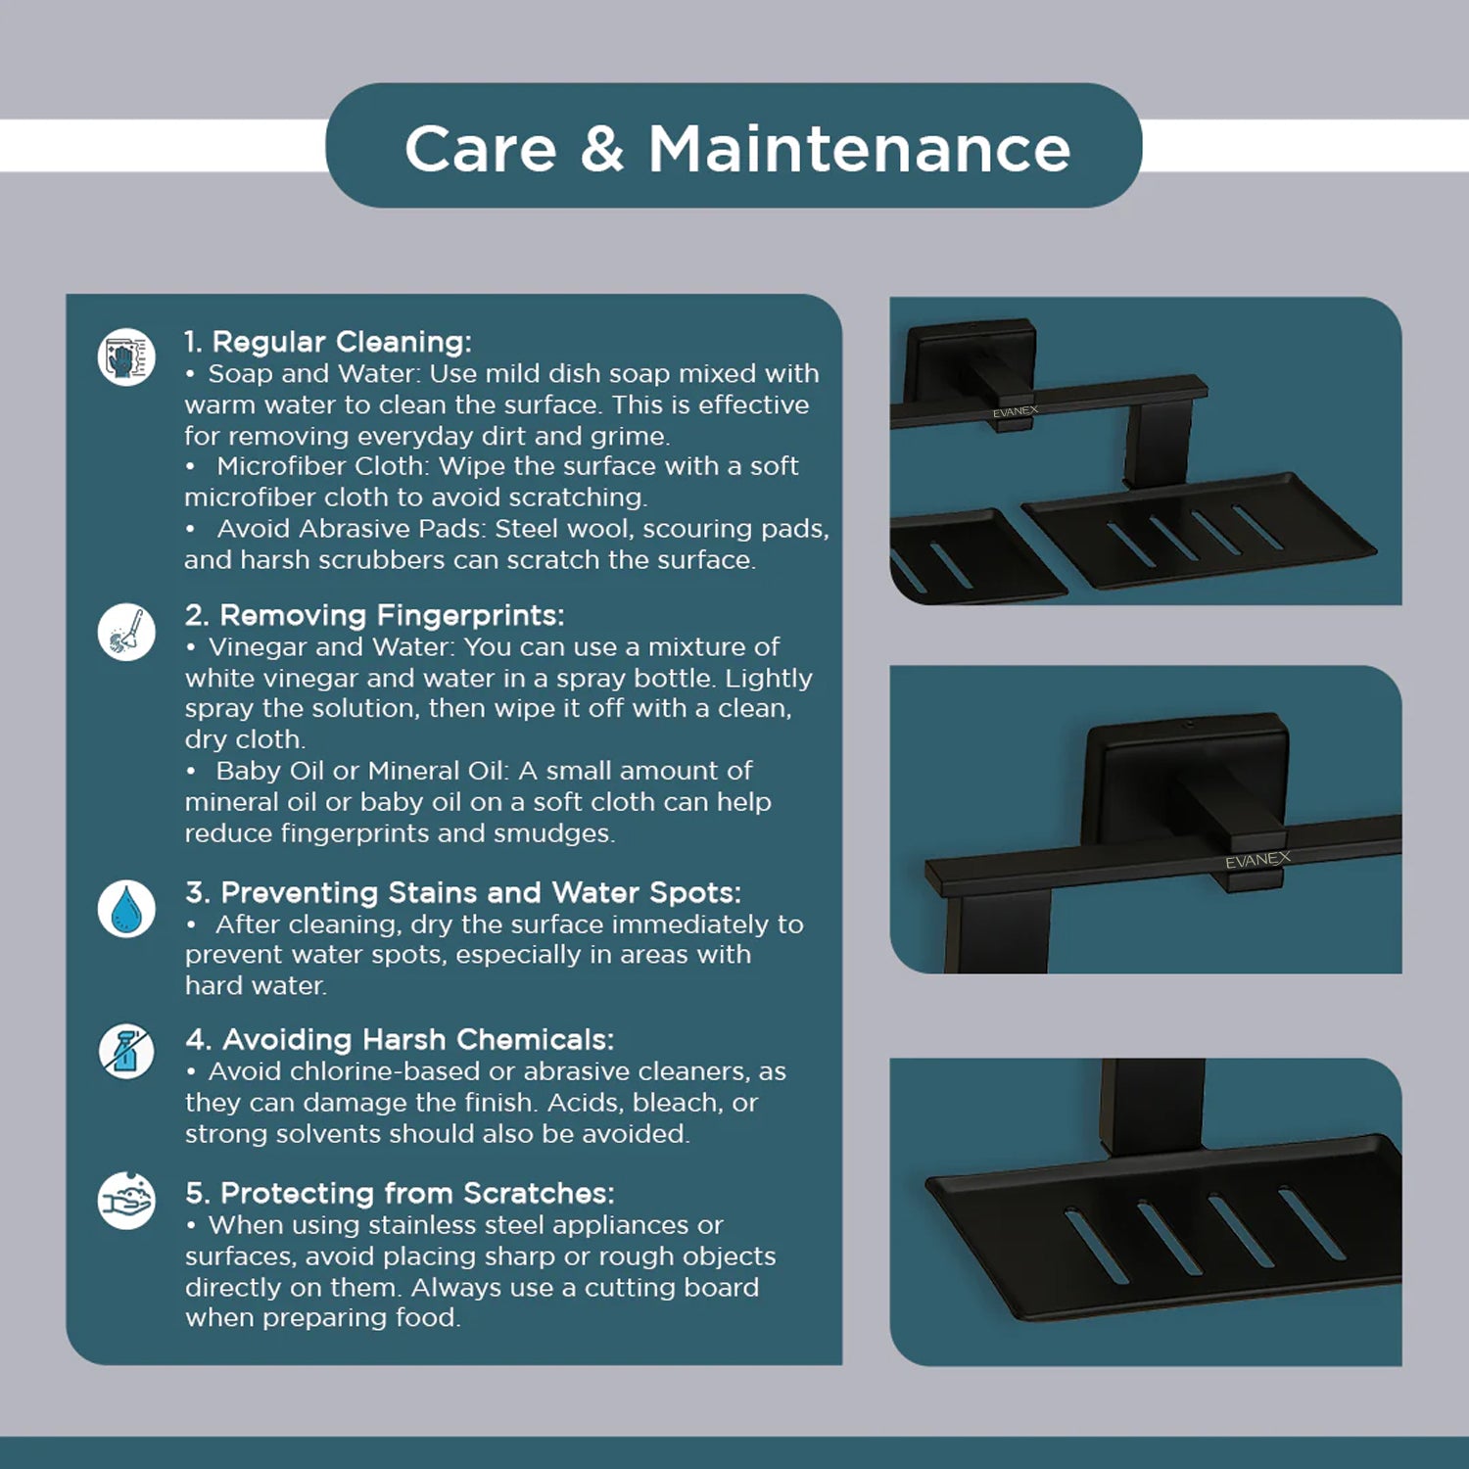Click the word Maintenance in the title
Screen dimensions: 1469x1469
pyautogui.click(x=860, y=149)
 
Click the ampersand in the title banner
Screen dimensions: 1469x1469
pyautogui.click(x=601, y=149)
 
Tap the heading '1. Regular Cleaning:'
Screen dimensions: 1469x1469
pyautogui.click(x=328, y=342)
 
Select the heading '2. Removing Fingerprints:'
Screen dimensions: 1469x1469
pyautogui.click(x=374, y=615)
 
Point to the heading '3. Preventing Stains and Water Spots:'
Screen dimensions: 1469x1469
pyautogui.click(x=463, y=892)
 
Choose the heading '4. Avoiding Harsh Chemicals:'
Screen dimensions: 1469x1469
pyautogui.click(x=400, y=1039)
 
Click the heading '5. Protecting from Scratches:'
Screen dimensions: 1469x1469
pyautogui.click(x=400, y=1193)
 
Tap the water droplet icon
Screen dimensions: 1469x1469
pyautogui.click(x=126, y=909)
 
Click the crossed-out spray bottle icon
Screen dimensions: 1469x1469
pyautogui.click(x=126, y=1052)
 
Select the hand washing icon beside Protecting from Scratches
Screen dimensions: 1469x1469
pyautogui.click(x=126, y=1201)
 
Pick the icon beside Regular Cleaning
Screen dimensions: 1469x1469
pyautogui.click(x=126, y=356)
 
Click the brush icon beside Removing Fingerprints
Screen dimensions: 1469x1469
pyautogui.click(x=126, y=632)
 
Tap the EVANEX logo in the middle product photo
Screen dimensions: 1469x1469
pyautogui.click(x=1257, y=860)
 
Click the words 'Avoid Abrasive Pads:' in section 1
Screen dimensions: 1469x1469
pyautogui.click(x=352, y=529)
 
